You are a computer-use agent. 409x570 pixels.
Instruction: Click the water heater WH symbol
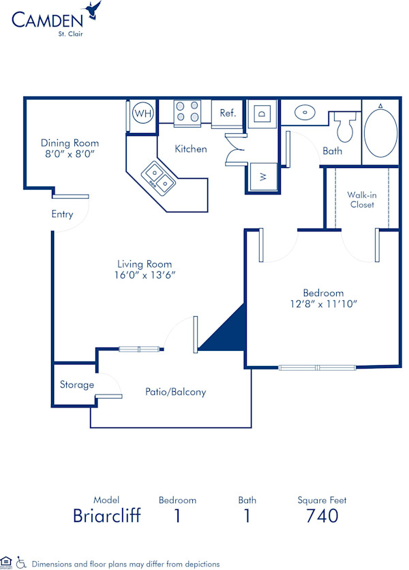(143, 113)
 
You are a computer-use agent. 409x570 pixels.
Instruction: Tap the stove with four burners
(187, 113)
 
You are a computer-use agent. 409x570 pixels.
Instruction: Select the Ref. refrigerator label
(228, 113)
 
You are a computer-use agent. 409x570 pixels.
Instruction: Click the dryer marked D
(262, 113)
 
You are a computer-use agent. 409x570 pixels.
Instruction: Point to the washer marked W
(262, 177)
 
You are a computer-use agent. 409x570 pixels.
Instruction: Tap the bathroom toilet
(346, 127)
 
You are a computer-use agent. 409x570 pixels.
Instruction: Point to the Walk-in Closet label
(361, 199)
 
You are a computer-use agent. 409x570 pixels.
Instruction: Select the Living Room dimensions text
(144, 276)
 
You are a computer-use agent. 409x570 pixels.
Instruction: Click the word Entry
(62, 214)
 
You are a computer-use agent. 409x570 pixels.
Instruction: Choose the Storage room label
(76, 385)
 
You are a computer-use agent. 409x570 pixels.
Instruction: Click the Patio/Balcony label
(175, 392)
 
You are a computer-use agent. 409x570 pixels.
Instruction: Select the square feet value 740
(322, 516)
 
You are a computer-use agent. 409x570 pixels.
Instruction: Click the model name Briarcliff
(107, 516)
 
